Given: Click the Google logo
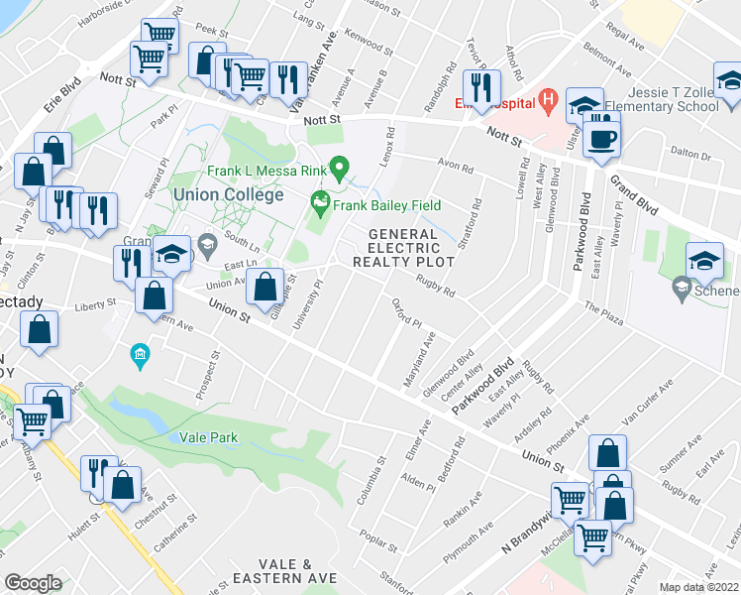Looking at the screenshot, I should coord(33,583).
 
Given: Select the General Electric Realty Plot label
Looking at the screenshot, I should coord(404,248).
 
